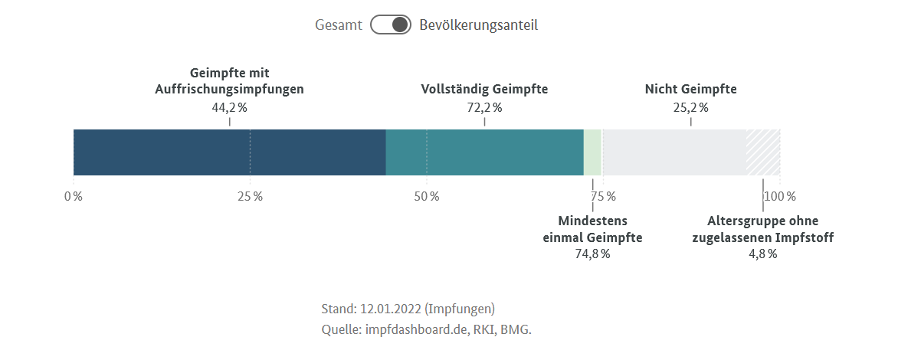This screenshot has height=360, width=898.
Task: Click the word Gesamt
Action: tap(338, 25)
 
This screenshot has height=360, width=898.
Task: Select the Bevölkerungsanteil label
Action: tap(478, 25)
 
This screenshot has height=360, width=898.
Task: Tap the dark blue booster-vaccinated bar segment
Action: tap(229, 152)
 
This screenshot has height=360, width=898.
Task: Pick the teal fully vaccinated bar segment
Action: tap(484, 152)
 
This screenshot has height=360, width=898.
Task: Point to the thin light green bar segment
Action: tap(592, 152)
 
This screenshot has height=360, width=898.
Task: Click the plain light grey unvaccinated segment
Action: tap(674, 152)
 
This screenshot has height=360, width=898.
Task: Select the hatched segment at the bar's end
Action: tap(763, 152)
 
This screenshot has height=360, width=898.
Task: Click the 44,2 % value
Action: tap(229, 107)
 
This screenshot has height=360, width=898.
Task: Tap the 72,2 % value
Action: tap(484, 107)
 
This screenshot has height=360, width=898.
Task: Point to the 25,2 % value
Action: tap(690, 107)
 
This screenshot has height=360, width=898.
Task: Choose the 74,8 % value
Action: tap(592, 254)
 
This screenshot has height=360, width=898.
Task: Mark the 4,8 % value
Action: tap(762, 254)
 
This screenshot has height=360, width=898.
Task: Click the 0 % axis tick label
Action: tap(74, 196)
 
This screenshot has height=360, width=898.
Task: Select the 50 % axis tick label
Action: tap(427, 196)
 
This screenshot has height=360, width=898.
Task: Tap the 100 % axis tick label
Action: tap(779, 196)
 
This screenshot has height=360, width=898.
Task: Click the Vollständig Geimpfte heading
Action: tap(484, 89)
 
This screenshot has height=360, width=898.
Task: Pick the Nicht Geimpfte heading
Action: tap(690, 89)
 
